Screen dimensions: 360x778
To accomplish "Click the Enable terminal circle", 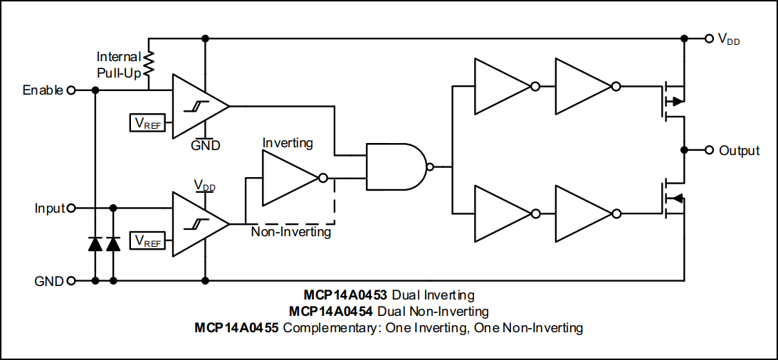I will click(70, 90).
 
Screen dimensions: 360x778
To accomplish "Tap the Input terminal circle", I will click(70, 208).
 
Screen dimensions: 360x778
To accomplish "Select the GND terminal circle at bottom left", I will click(70, 280).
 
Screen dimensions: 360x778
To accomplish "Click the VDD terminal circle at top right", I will click(709, 38).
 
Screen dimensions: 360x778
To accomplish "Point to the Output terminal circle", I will click(709, 150).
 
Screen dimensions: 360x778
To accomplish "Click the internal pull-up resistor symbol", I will click(149, 63).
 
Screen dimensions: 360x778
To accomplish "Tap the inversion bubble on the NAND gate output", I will click(430, 167).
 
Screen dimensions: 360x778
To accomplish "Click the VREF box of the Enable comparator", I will click(147, 123).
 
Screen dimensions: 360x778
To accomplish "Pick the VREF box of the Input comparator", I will click(147, 241).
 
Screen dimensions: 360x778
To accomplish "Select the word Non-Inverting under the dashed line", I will click(291, 232).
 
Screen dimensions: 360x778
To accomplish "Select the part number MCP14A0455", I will click(238, 328).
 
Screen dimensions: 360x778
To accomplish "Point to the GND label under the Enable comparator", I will click(205, 145).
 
